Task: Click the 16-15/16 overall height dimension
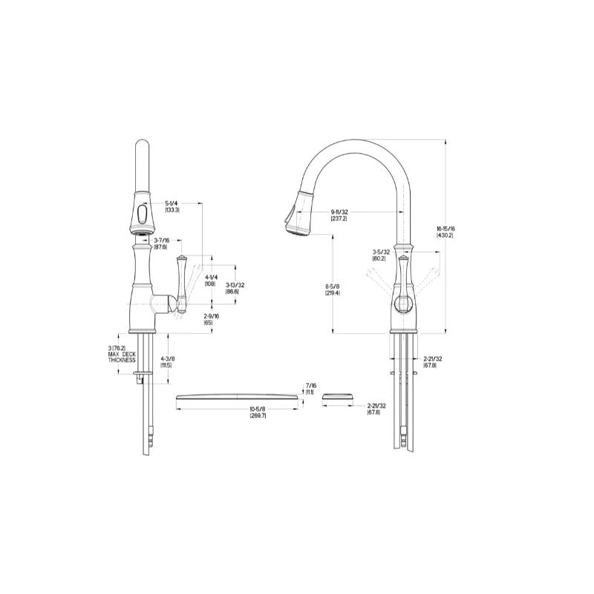tap(446, 229)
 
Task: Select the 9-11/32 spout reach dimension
tap(339, 212)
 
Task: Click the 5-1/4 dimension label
tap(172, 203)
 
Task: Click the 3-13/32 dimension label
tap(235, 287)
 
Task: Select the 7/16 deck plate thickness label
tap(310, 385)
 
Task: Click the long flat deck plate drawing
tap(238, 397)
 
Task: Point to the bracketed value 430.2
tap(446, 235)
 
